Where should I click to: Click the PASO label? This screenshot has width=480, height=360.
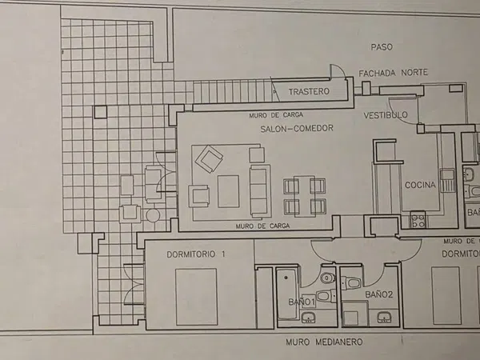coord(382,47)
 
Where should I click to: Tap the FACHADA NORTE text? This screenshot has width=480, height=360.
coord(394,73)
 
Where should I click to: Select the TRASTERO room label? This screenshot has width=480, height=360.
coord(309,91)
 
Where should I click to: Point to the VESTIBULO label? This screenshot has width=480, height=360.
coord(386,115)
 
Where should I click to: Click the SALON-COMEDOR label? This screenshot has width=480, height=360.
coord(297,128)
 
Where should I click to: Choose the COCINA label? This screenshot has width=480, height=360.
coord(420,185)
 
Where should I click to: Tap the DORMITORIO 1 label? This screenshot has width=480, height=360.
coord(196,254)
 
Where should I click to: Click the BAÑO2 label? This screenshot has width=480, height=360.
coord(379,294)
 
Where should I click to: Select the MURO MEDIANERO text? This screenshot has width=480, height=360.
coord(324,342)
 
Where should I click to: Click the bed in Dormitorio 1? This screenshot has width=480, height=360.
coord(196,297)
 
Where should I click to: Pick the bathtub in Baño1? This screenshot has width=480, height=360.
coord(287,294)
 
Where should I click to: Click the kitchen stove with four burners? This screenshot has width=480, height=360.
coord(418,220)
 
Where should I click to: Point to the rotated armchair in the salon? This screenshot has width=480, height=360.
coord(209,159)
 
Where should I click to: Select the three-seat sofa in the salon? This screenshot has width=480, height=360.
coord(260,191)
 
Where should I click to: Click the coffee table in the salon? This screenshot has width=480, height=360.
coord(228,191)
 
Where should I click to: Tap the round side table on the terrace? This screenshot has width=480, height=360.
coord(153,215)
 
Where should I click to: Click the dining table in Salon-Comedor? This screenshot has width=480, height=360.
coord(305,196)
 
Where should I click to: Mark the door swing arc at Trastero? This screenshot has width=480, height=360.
coord(339,70)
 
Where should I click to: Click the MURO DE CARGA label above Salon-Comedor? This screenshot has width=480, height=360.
coord(276,115)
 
